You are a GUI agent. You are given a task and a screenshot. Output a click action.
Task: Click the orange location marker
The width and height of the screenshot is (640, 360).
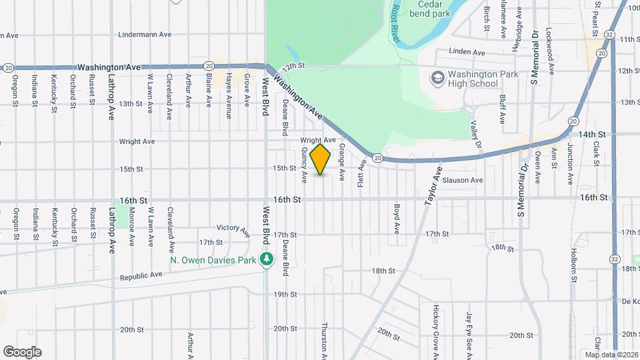(x=321, y=159)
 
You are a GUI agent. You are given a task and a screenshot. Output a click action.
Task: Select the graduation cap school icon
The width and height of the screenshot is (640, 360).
(x=437, y=79)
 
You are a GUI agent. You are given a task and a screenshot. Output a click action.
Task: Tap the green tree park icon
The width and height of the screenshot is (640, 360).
(x=267, y=259)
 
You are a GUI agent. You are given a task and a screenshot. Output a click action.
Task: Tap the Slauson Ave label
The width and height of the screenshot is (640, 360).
(x=462, y=180)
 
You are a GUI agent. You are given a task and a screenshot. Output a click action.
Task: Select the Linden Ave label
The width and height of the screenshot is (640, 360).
(x=467, y=52)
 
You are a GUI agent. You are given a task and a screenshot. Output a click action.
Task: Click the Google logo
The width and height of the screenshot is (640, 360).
(x=22, y=351)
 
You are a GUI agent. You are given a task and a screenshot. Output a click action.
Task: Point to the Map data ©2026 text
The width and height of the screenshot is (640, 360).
(x=612, y=355)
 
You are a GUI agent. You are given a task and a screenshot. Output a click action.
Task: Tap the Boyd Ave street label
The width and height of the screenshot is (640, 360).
(x=396, y=219)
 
